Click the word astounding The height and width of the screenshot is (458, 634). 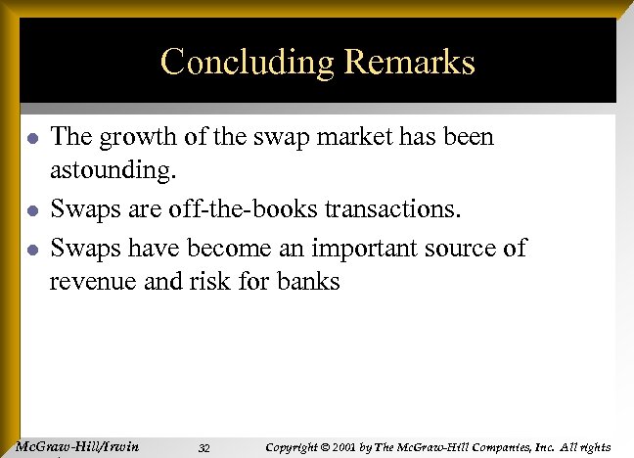tap(113, 172)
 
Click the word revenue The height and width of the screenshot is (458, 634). tap(95, 283)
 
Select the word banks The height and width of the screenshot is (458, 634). tap(309, 283)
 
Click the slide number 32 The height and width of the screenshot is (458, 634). tap(204, 448)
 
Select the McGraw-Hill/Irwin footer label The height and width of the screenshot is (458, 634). tap(79, 447)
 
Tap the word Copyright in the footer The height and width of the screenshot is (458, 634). tap(294, 447)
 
